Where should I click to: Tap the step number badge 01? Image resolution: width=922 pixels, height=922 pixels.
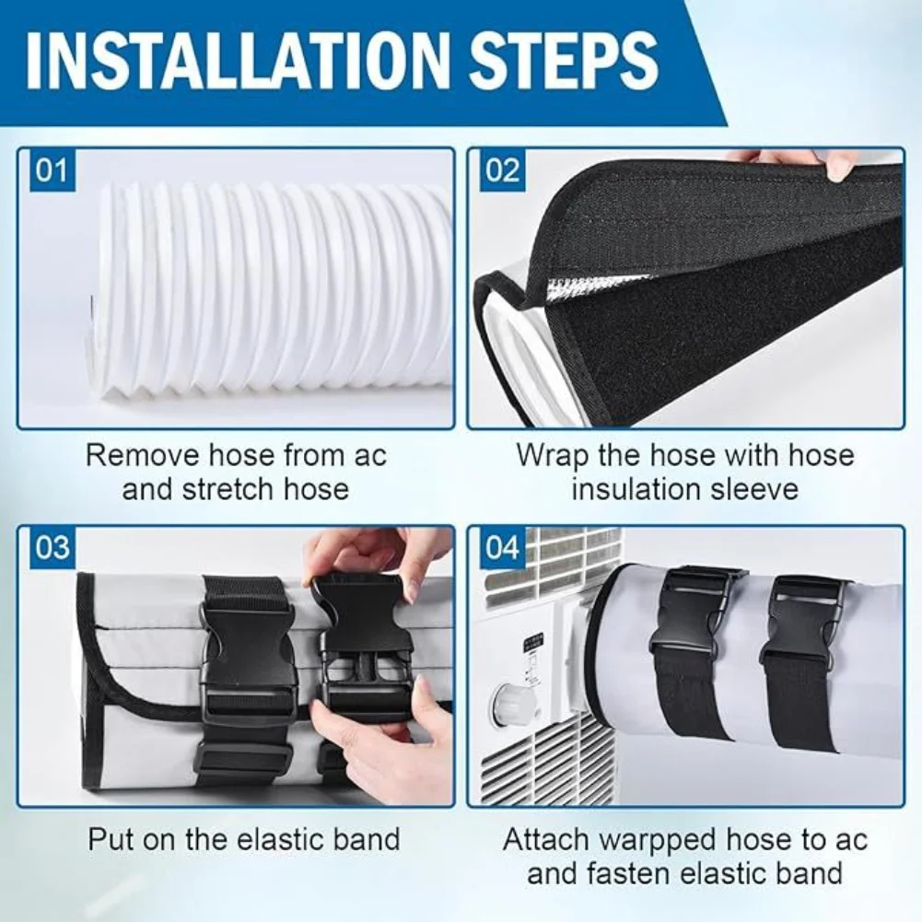coord(53,172)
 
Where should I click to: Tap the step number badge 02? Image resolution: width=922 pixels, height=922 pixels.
coord(502,172)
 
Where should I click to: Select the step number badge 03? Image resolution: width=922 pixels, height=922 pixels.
coord(53,547)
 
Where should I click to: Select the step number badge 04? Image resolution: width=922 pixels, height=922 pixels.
coord(502,549)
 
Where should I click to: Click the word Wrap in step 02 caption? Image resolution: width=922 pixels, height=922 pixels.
coord(550,455)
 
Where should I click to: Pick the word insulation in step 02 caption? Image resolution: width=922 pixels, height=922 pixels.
coord(642,488)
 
